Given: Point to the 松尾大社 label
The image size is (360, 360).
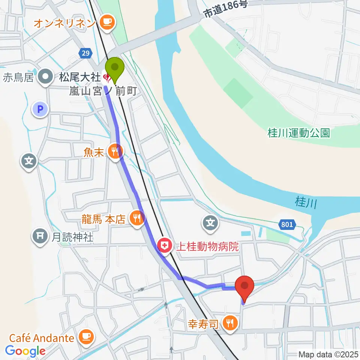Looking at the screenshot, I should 78,78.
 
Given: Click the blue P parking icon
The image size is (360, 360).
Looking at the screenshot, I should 40,110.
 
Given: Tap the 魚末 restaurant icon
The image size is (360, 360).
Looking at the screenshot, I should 114,151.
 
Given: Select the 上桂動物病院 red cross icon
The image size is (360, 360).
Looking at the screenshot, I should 164,246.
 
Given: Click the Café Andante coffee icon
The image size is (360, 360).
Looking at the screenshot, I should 86,337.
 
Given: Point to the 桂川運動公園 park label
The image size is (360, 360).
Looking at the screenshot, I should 299,133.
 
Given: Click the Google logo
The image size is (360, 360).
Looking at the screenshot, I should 25,351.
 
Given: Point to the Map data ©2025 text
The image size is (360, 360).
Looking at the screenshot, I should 328,354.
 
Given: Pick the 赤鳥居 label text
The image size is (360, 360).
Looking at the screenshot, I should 18,78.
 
